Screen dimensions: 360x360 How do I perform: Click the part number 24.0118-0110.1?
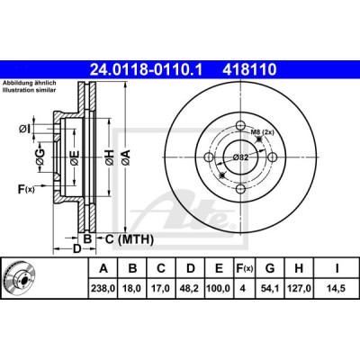click(x=147, y=70)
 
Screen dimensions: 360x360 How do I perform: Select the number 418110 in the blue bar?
click(x=249, y=70)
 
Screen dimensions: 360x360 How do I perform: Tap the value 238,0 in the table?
click(x=103, y=289)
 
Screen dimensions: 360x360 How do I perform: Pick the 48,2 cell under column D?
click(x=191, y=289)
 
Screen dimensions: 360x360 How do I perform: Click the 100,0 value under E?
click(x=219, y=289)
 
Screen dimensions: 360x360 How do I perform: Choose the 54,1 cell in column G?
click(x=270, y=289)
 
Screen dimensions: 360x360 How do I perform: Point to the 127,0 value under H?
click(x=299, y=289)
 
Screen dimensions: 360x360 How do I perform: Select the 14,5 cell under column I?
click(x=337, y=289)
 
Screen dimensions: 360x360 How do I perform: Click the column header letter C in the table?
click(x=161, y=268)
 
